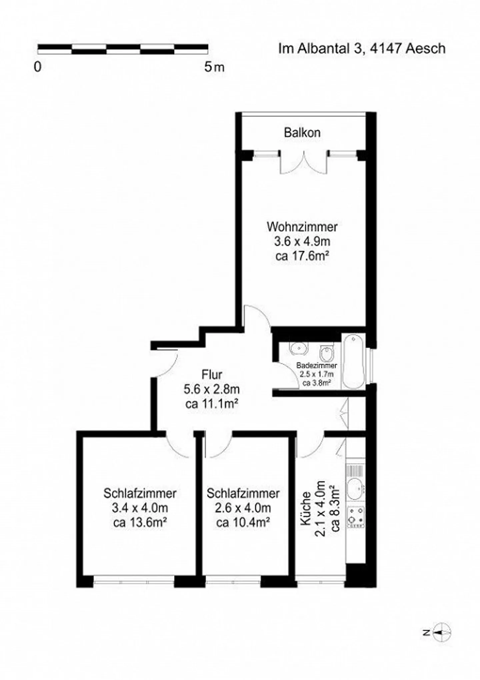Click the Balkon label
coord(302,133)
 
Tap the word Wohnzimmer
coord(302,227)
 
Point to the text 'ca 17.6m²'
coord(302,256)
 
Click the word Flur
coord(212,375)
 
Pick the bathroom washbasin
coord(298,348)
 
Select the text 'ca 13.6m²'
coord(140,523)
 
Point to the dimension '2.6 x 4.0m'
coord(243,508)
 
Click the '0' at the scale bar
coord(38,67)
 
